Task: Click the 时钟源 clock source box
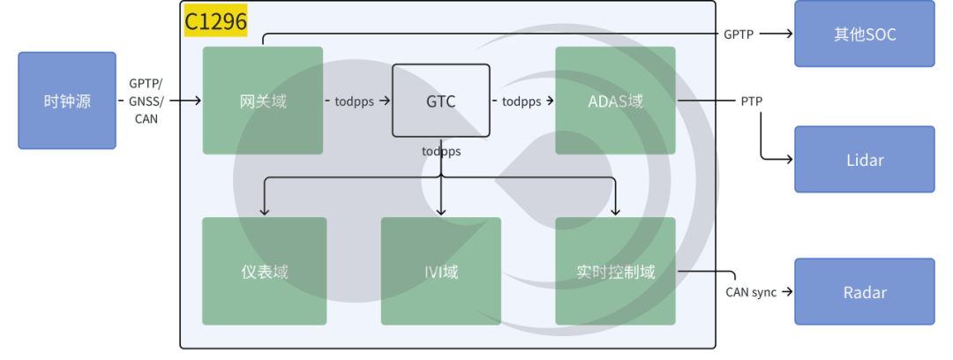pos(67,100)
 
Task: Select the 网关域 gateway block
pos(262,100)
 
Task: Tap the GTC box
pos(440,101)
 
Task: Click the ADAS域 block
pos(615,100)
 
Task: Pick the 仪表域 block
pos(264,271)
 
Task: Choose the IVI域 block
pos(440,271)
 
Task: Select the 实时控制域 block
pos(615,271)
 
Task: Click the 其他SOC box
pos(864,34)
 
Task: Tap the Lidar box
pos(864,160)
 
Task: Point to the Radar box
pos(864,291)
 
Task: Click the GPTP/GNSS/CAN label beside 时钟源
pos(146,101)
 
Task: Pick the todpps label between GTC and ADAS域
pos(522,101)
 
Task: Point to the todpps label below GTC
pos(441,151)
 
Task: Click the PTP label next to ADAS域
pos(751,101)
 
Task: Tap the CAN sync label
pos(751,292)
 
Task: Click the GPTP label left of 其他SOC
pos(739,34)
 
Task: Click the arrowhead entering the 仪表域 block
pos(264,212)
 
